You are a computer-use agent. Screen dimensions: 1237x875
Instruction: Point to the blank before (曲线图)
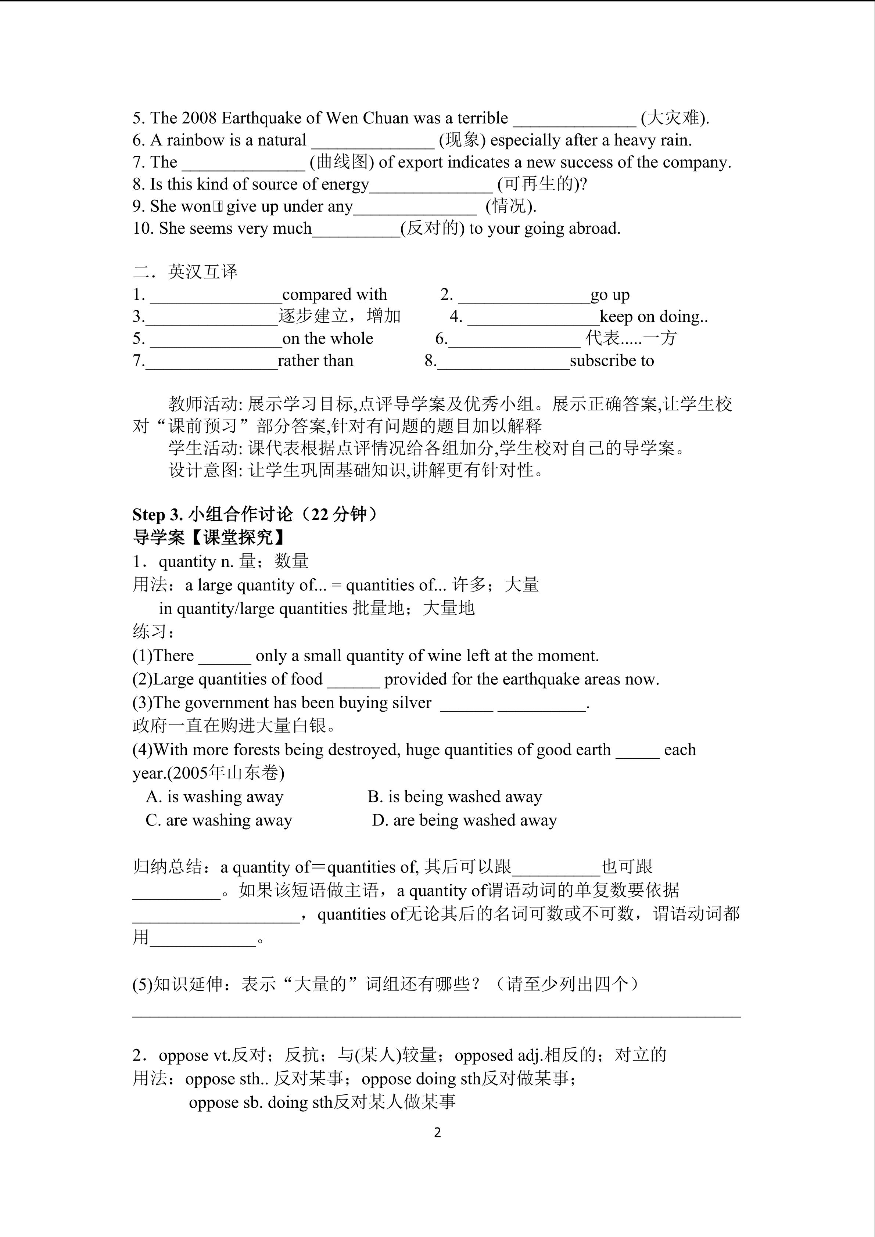(x=243, y=162)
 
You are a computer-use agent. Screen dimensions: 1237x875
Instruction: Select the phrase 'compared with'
(x=334, y=295)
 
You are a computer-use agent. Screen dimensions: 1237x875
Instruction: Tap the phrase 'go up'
(x=610, y=295)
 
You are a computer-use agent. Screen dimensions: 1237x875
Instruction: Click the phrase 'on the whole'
(x=327, y=339)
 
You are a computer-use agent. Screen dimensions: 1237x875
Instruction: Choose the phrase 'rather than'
(x=315, y=361)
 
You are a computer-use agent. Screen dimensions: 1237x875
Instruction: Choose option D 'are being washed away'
(x=465, y=820)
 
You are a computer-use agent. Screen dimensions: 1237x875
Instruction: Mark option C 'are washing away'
(x=219, y=820)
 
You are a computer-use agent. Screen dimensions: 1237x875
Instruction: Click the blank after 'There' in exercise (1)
(x=225, y=656)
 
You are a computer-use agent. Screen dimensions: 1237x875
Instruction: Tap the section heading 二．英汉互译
(x=185, y=272)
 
